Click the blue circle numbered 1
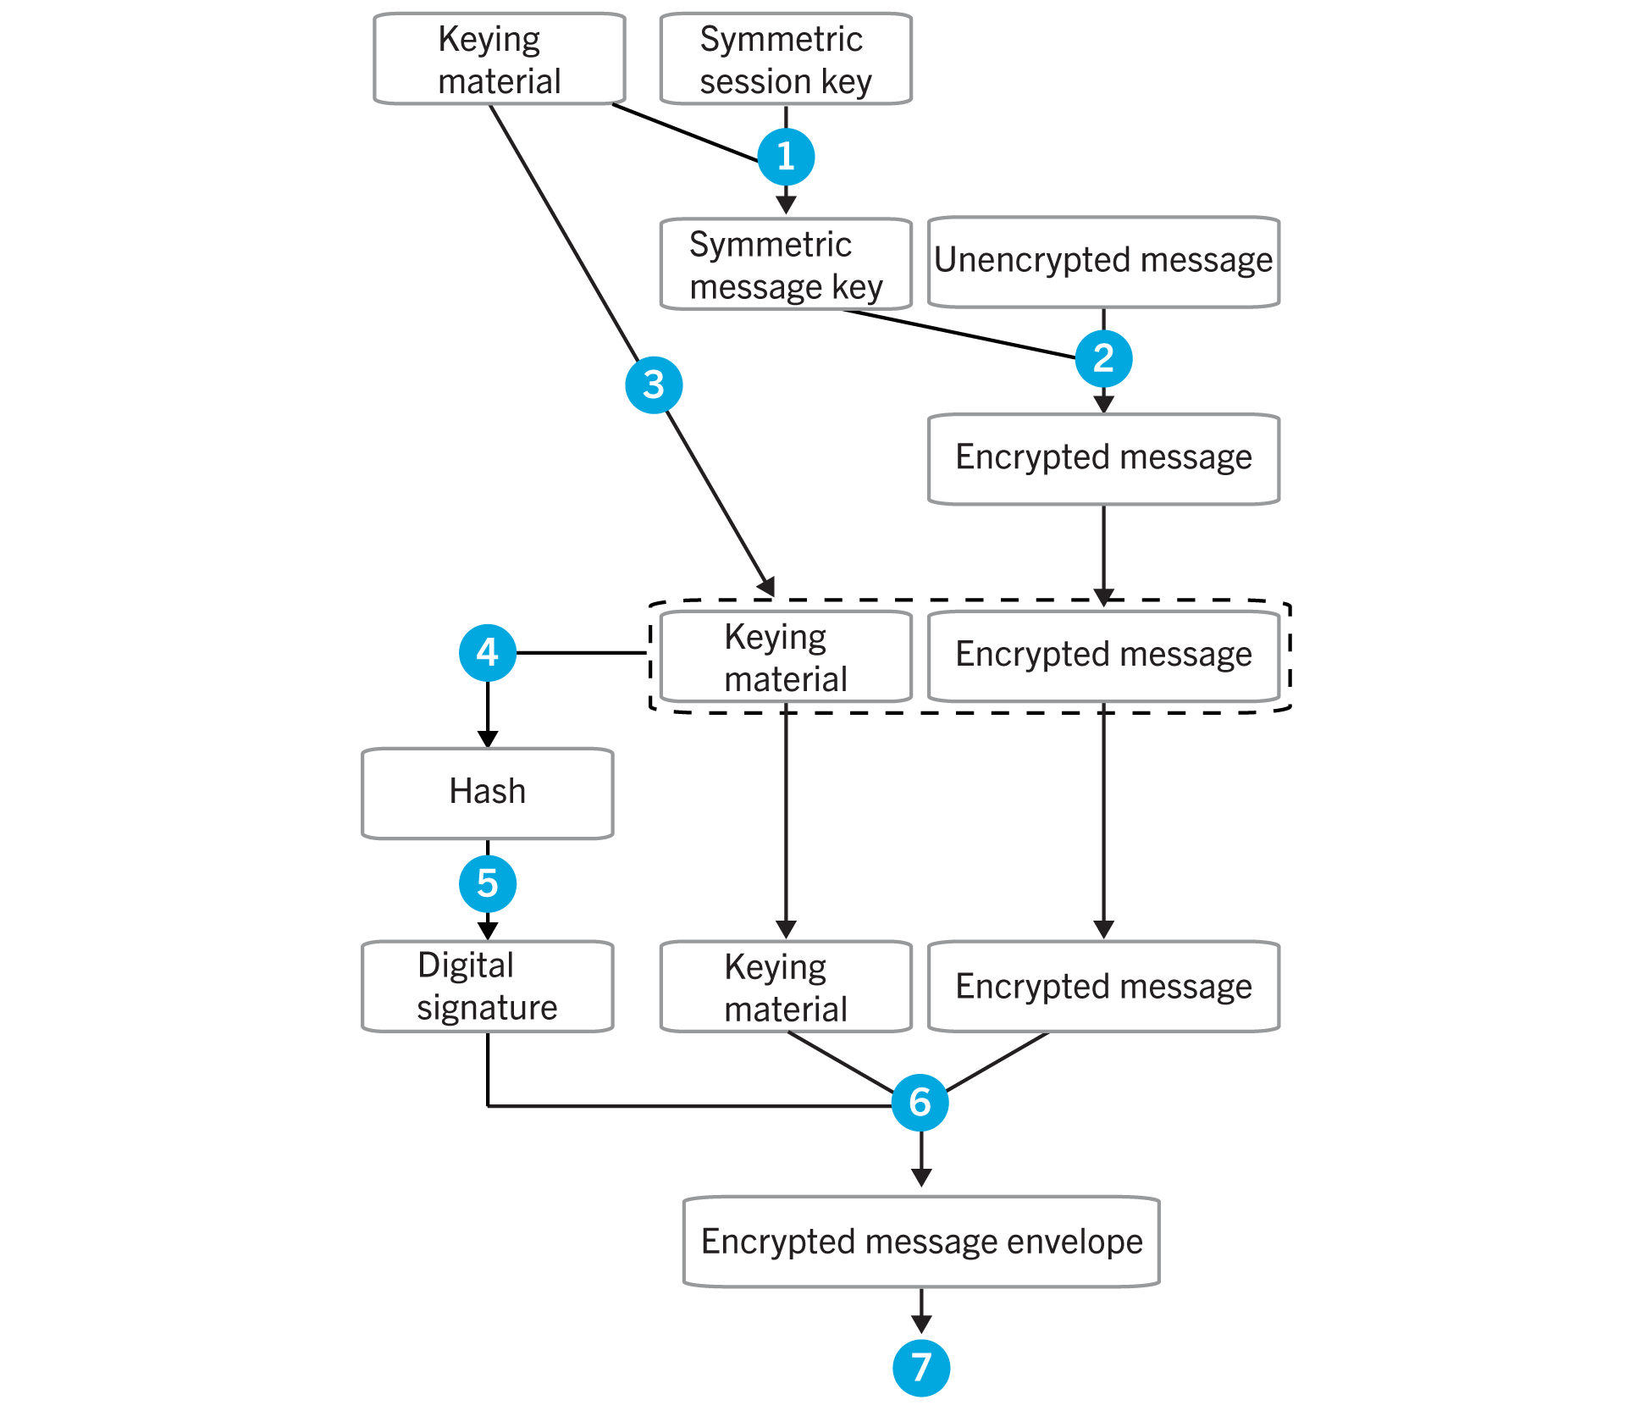point(786,157)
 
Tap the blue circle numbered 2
point(1103,358)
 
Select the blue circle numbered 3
point(654,385)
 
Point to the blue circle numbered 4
point(488,653)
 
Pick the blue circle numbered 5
point(488,883)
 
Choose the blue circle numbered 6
point(920,1103)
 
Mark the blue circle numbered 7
point(921,1367)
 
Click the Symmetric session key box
point(786,59)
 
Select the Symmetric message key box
point(786,264)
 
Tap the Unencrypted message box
point(1103,262)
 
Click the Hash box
point(488,793)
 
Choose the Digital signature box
point(488,986)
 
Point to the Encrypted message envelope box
point(921,1242)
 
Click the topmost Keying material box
point(500,59)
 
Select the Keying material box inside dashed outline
point(786,657)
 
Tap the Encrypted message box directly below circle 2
point(1103,459)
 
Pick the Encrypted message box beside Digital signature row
point(1103,986)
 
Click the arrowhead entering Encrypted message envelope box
point(921,1177)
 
